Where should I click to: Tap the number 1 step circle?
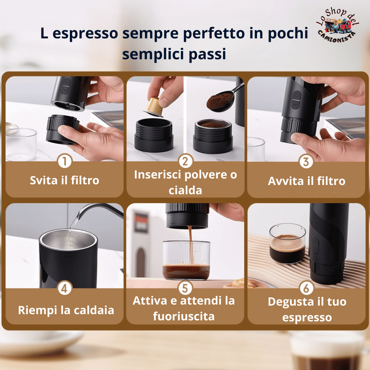(x=65, y=161)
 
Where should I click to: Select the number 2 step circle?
(x=185, y=161)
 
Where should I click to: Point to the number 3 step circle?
(x=306, y=162)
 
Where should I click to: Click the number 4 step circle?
(x=64, y=288)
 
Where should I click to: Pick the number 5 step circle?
(x=185, y=288)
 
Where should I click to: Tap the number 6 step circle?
(x=306, y=288)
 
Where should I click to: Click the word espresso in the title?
(x=85, y=34)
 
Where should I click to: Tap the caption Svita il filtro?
(x=64, y=181)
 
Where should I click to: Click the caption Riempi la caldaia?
(x=66, y=310)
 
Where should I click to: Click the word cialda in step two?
(x=185, y=190)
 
